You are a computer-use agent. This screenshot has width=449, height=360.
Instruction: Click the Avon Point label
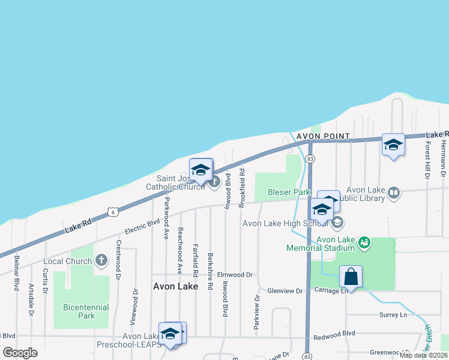(x=323, y=136)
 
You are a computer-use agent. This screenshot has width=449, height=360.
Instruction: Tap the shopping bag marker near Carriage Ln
(x=351, y=277)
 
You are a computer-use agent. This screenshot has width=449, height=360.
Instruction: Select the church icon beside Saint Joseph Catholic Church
(x=214, y=182)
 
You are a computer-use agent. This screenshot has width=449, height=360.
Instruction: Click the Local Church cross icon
(x=101, y=261)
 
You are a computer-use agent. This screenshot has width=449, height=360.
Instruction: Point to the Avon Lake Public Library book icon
(x=394, y=193)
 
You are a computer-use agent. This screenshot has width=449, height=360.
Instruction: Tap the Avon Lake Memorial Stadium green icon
(x=364, y=243)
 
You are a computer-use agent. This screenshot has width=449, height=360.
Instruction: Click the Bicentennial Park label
(x=86, y=311)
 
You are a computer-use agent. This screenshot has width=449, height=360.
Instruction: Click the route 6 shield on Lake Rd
(x=112, y=211)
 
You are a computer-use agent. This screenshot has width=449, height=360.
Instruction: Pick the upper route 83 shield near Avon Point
(x=310, y=159)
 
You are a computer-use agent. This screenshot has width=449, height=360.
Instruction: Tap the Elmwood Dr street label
(x=235, y=274)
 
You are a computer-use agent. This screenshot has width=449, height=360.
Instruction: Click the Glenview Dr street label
(x=285, y=291)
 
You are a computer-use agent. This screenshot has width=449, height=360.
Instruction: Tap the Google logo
(x=20, y=352)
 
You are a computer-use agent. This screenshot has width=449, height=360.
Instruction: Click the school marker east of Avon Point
(x=393, y=145)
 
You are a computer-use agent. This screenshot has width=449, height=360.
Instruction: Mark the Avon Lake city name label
(x=175, y=286)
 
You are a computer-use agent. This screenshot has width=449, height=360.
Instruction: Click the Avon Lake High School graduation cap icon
(x=337, y=223)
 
